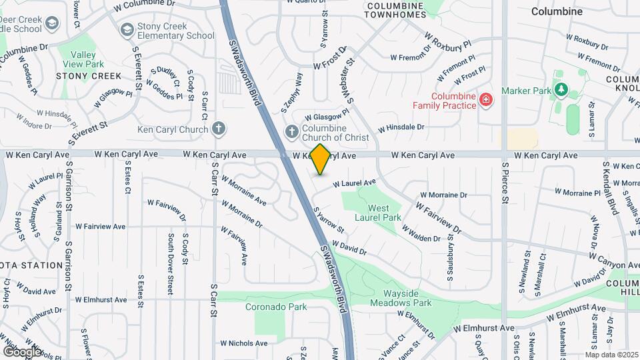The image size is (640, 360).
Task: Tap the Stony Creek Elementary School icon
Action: (x=127, y=30)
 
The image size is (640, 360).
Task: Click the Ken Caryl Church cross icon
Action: (x=219, y=129)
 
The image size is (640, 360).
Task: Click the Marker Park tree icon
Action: (x=561, y=89)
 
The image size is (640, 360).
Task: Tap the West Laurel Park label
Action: (x=379, y=213)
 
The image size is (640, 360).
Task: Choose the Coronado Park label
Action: (x=275, y=307)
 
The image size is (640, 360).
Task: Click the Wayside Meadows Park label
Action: (x=407, y=298)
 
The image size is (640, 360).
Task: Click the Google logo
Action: (x=22, y=351)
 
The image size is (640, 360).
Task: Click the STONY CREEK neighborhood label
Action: (x=89, y=76)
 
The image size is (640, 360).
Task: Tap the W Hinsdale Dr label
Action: (x=401, y=127)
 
